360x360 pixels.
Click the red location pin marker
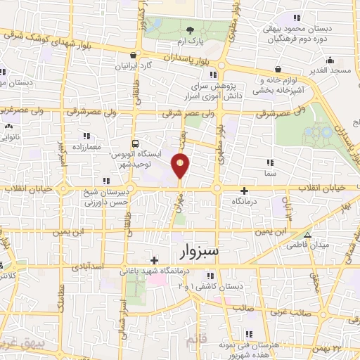[x=181, y=166]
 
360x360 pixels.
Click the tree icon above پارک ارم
[x=190, y=30]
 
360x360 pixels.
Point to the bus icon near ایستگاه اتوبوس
[x=136, y=141]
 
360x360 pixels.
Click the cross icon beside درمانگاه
[x=244, y=190]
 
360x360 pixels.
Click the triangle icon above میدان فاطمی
[x=308, y=234]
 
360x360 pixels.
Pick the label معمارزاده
[x=86, y=148]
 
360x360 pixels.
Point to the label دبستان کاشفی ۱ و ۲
[x=213, y=287]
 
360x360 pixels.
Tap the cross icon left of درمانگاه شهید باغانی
[x=154, y=260]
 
